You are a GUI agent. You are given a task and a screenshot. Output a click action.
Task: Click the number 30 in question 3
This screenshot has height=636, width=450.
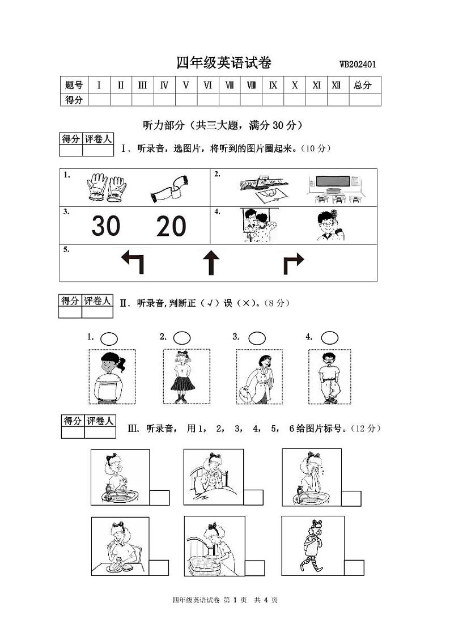coord(106,226)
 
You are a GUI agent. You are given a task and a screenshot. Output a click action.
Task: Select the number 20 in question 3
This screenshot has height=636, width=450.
coord(171,226)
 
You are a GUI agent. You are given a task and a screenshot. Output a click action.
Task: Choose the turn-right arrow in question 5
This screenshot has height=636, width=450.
coord(293,263)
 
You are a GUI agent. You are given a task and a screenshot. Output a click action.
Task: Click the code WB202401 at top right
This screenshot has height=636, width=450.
coord(358,65)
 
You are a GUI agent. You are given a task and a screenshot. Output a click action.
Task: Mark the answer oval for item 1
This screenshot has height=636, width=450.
coord(109,338)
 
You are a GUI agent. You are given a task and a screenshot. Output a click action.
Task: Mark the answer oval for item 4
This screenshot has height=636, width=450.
coord(329,338)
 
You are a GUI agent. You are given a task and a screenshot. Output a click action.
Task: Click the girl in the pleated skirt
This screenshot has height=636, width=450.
coord(182,376)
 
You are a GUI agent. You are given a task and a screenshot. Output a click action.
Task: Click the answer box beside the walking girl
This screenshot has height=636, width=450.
coord(354,567)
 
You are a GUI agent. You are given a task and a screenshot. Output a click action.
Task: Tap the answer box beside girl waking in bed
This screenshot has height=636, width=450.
coord(253,497)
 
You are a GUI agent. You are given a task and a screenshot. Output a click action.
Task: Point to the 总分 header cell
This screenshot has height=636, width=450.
coord(362,86)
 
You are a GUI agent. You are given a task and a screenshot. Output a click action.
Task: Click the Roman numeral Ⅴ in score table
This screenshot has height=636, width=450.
coord(186,86)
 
